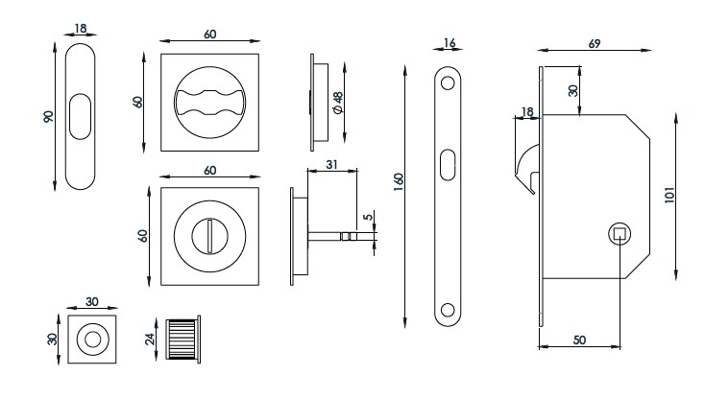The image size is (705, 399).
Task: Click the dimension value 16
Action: pos(449,42)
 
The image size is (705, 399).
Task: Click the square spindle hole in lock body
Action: pos(620,233)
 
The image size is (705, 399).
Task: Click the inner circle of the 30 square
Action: pos(93,338)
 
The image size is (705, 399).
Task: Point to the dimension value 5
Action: pos(368,217)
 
